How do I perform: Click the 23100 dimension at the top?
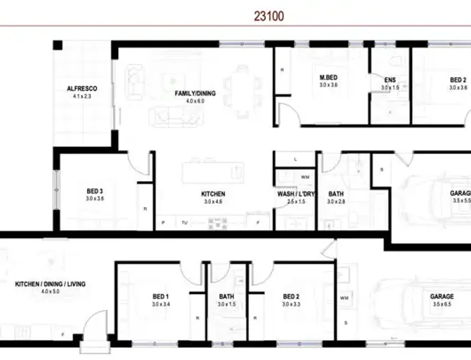[269, 16]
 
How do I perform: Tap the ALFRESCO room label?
[82, 89]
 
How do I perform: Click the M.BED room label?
[328, 78]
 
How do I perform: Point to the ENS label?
[390, 80]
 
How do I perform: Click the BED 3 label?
[94, 191]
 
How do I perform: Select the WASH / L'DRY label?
[296, 194]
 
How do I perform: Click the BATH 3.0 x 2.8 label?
[337, 194]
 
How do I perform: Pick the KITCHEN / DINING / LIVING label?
[50, 284]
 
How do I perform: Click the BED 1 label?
[160, 296]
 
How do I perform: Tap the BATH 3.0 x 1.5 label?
[227, 296]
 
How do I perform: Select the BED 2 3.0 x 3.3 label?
[291, 296]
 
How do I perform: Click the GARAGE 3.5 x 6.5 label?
[442, 296]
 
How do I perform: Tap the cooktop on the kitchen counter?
[218, 223]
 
